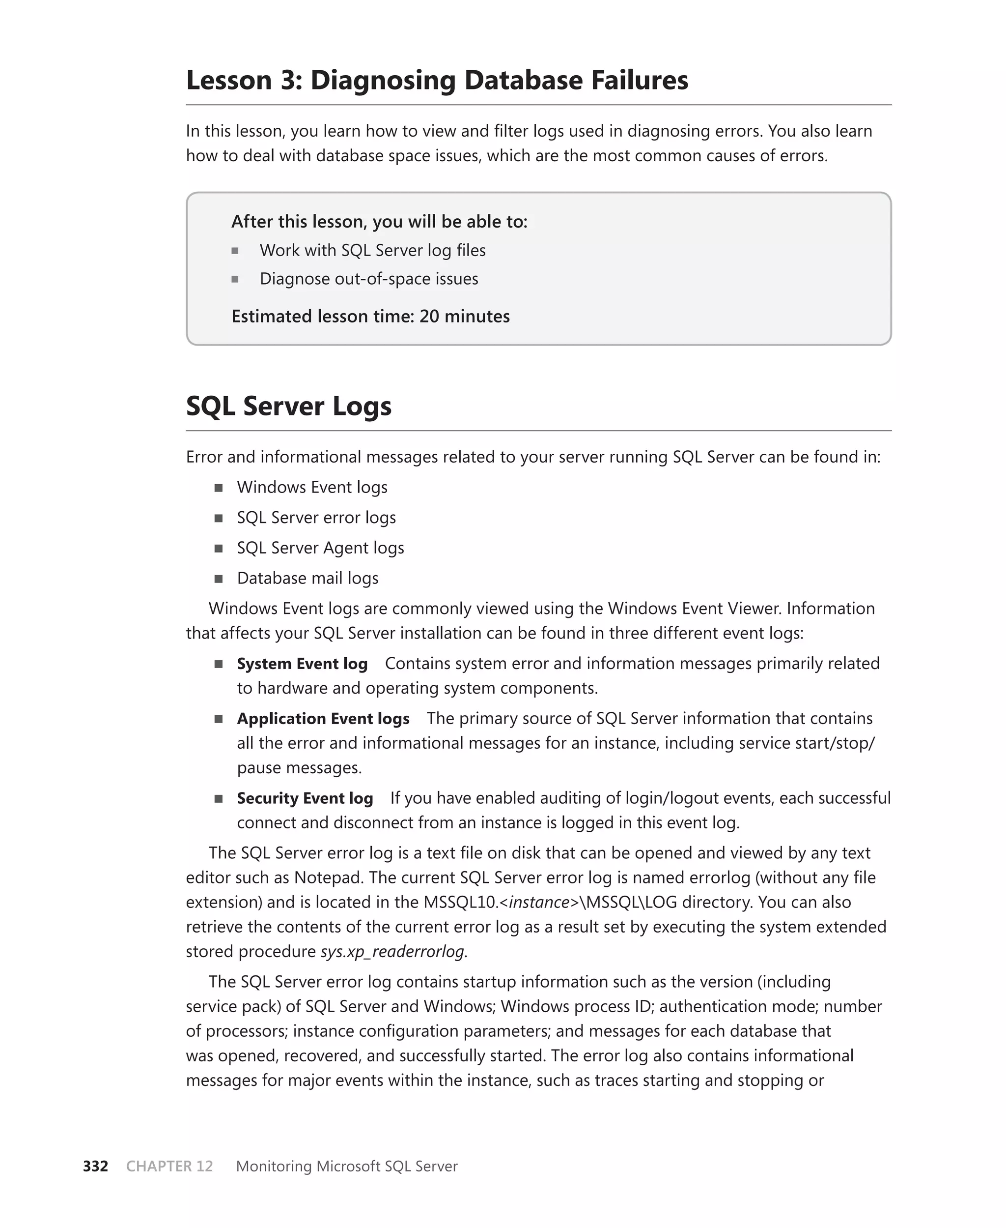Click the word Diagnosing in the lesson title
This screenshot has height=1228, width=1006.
(x=383, y=80)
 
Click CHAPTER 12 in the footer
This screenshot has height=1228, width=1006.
(x=169, y=1166)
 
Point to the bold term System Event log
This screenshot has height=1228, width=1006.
(x=302, y=663)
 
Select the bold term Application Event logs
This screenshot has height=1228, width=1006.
(x=323, y=718)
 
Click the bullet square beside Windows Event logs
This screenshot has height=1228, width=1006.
(x=219, y=488)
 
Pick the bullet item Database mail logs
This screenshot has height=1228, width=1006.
(x=307, y=578)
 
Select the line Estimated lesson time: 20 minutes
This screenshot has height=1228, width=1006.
(x=370, y=316)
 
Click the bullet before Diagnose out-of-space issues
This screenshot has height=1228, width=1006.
(x=235, y=279)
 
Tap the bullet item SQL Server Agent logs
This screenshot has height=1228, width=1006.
(x=320, y=548)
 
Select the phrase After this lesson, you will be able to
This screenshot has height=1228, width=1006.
(x=379, y=222)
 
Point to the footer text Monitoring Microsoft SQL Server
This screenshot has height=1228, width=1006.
(x=346, y=1166)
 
